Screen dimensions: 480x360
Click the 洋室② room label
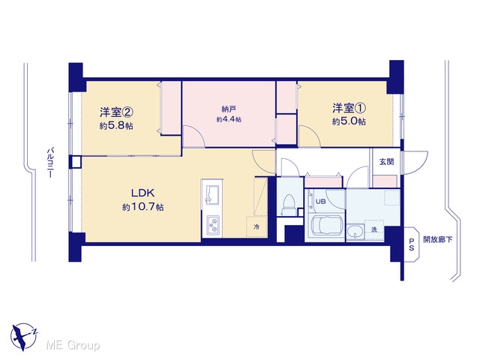point(116,112)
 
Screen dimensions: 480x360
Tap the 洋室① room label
point(349,108)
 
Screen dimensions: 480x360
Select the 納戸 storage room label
point(229,109)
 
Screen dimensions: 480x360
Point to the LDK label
point(142,193)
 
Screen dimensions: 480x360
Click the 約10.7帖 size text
point(143,207)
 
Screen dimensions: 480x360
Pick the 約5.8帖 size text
point(116,126)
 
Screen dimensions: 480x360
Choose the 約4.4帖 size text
point(229,120)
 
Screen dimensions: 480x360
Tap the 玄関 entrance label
point(387,162)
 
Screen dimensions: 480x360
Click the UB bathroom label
point(320,202)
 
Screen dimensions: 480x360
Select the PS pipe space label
point(412,244)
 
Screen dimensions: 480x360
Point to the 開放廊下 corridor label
point(438,239)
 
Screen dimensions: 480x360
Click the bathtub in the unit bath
point(325,226)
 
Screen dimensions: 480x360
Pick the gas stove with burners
point(213,226)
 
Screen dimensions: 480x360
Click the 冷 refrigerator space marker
point(256,226)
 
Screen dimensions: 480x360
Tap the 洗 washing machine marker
point(374,229)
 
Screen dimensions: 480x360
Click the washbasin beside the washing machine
point(355,232)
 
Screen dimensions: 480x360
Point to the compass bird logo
point(23,336)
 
